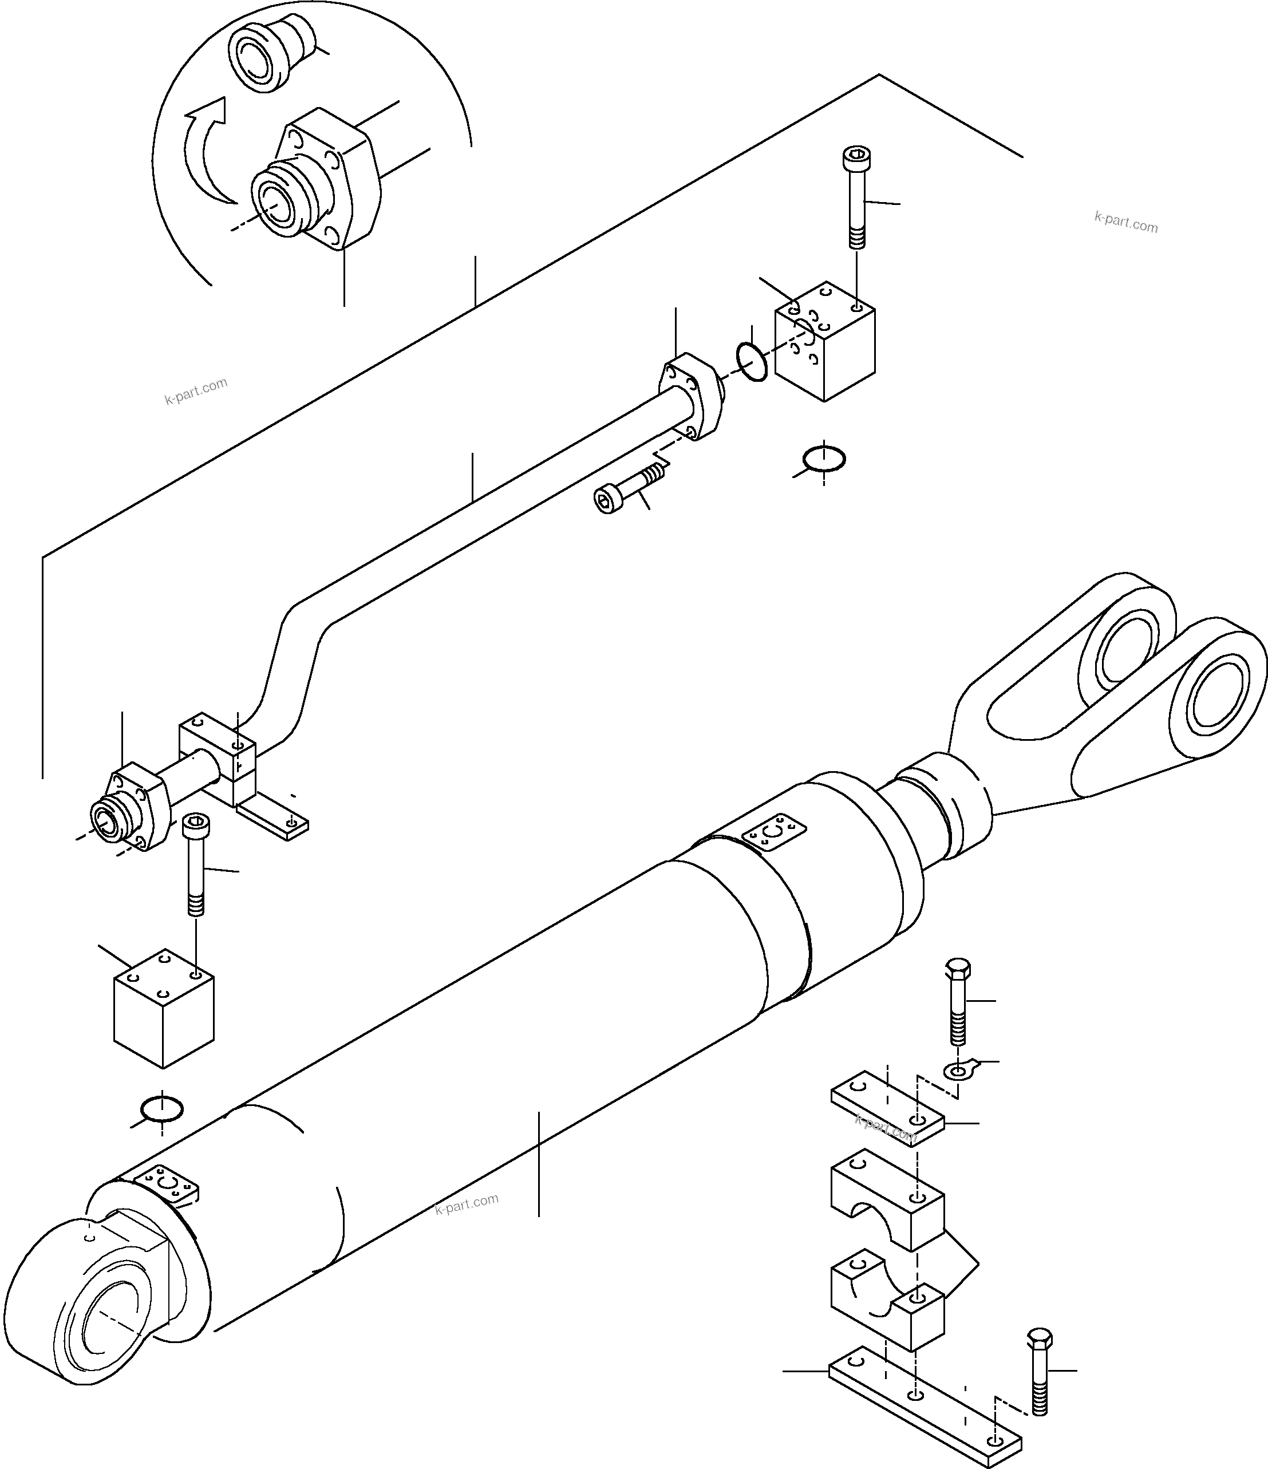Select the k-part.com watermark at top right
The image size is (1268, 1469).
click(x=1125, y=222)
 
